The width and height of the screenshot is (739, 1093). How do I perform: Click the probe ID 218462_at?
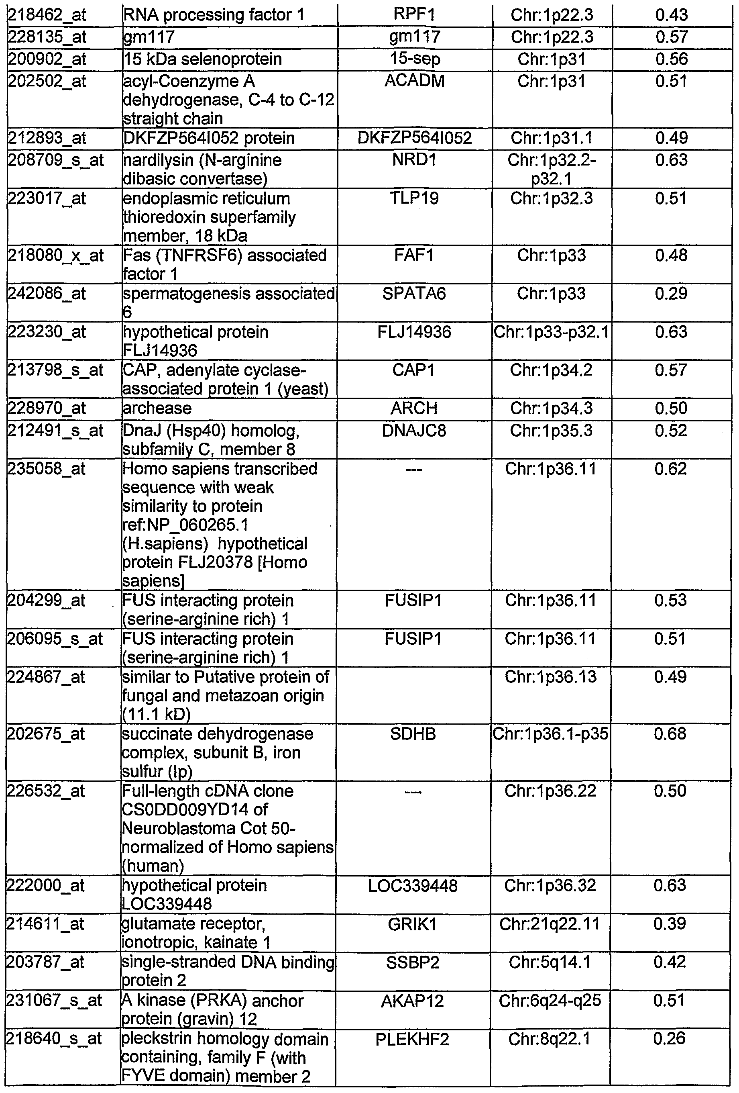pyautogui.click(x=47, y=15)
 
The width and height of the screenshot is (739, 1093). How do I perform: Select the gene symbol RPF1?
pyautogui.click(x=414, y=14)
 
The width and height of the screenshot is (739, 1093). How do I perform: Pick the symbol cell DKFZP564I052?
pyautogui.click(x=414, y=138)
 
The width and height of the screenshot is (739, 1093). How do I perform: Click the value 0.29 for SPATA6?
pyautogui.click(x=671, y=294)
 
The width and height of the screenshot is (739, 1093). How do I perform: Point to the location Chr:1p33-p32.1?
pyautogui.click(x=551, y=332)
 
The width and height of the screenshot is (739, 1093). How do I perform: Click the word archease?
pyautogui.click(x=157, y=408)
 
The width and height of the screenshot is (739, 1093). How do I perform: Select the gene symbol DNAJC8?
pyautogui.click(x=414, y=430)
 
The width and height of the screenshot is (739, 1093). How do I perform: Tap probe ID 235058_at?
pyautogui.click(x=47, y=469)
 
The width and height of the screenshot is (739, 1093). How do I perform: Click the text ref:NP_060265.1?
pyautogui.click(x=186, y=525)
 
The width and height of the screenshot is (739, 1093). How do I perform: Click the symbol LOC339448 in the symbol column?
pyautogui.click(x=413, y=886)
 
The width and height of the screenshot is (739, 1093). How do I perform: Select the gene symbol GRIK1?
pyautogui.click(x=413, y=925)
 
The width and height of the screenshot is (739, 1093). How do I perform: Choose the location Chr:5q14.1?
pyautogui.click(x=550, y=963)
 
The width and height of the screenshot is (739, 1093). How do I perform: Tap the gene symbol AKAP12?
pyautogui.click(x=413, y=1001)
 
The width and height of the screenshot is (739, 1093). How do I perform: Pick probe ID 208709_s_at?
pyautogui.click(x=55, y=160)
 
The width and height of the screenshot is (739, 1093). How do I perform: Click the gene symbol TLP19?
pyautogui.click(x=414, y=198)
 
